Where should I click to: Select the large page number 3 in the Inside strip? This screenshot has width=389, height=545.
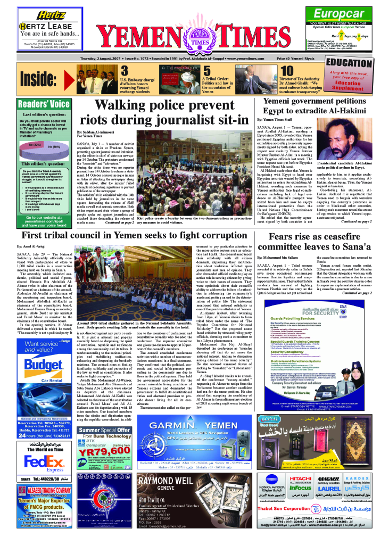click(x=124, y=71)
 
